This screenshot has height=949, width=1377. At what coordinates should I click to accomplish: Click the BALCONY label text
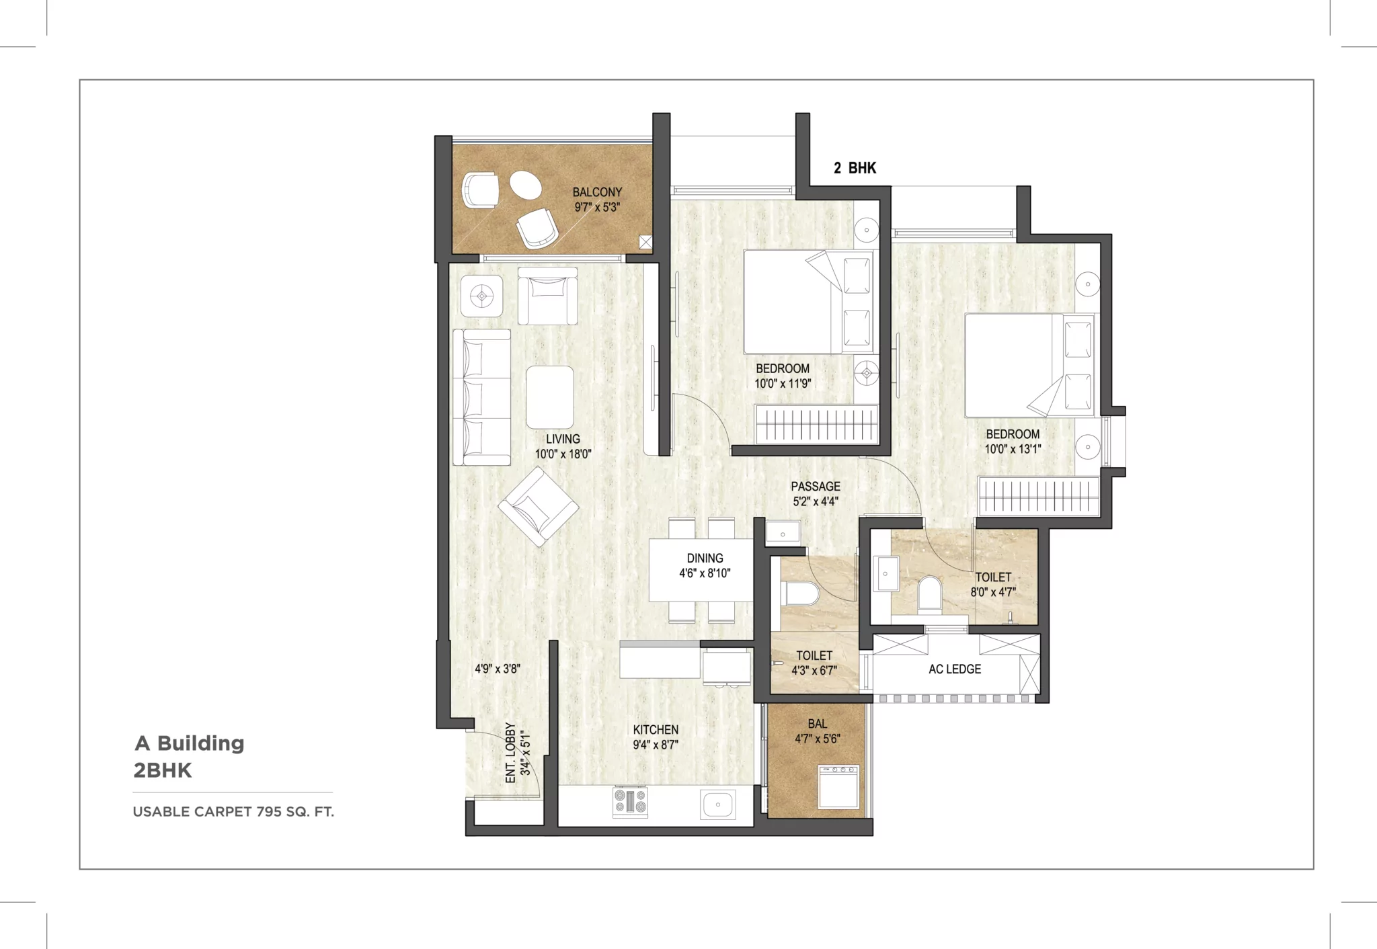coord(597,192)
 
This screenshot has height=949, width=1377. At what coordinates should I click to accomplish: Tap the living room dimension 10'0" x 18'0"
coord(563,454)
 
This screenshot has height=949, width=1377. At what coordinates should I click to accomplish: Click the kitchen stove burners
coord(630,802)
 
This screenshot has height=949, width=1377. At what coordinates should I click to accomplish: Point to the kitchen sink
coord(718,804)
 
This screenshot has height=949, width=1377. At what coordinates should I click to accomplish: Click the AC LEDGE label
coord(954,669)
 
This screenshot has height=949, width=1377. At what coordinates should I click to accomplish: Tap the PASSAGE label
coord(815,486)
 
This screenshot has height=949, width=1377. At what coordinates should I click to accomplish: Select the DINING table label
coord(705,558)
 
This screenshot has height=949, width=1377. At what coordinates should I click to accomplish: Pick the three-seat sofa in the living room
coord(481,397)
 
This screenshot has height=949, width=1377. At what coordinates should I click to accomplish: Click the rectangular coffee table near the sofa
coord(550,397)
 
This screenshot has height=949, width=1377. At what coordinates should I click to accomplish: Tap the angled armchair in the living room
coord(538,507)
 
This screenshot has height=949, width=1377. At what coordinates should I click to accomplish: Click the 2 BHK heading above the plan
coord(855,168)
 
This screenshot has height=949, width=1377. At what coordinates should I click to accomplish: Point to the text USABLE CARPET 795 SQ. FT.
coord(233,811)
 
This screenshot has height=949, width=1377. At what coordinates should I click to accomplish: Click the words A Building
coord(190,743)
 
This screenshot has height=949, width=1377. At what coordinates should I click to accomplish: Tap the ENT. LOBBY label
coord(510,753)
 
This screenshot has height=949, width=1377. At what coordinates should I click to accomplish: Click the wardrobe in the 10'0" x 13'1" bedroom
coord(1038,497)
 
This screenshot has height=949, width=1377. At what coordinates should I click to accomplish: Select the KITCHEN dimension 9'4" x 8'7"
coord(655,745)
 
